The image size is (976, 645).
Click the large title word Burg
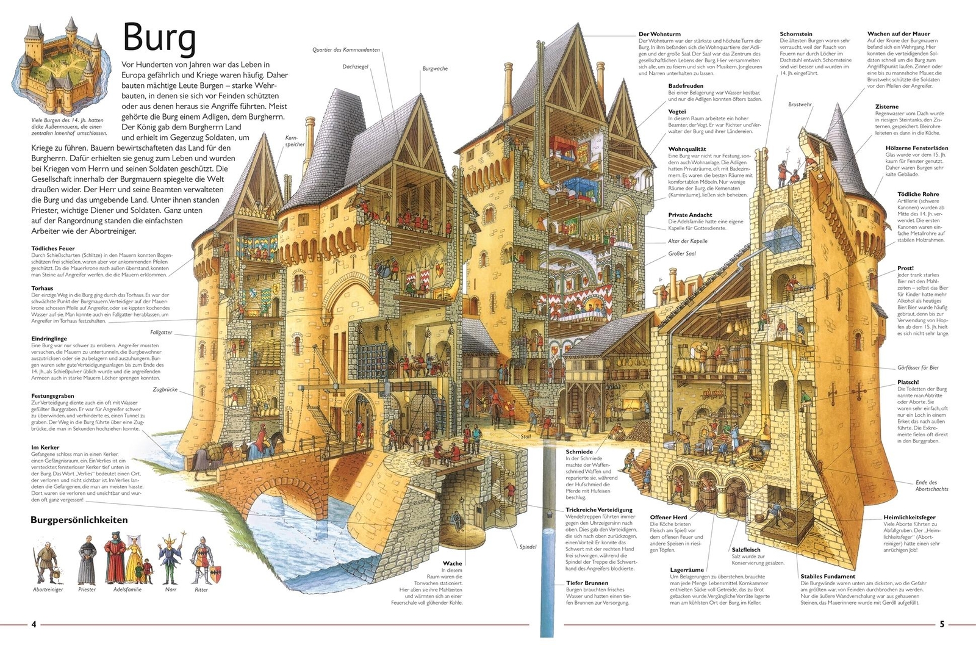[x=159, y=38]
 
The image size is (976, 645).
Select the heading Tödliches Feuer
[x=53, y=248]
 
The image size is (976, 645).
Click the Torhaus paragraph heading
[x=42, y=288]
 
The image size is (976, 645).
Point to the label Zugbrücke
[x=165, y=389]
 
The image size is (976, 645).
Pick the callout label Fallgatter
[x=161, y=333]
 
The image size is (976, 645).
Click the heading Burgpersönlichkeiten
[x=79, y=520]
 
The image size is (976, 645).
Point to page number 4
[x=34, y=624]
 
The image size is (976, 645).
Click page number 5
[x=942, y=624]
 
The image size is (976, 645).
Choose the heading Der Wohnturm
[x=659, y=34]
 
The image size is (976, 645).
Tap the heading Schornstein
[x=796, y=34]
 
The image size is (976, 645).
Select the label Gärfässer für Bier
[x=918, y=368]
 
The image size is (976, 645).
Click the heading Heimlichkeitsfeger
[x=909, y=517]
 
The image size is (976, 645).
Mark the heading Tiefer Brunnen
[x=587, y=583]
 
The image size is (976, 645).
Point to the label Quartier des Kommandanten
[x=346, y=50]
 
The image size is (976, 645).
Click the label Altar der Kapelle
[x=687, y=241]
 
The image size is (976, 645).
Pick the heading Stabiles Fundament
[x=828, y=576]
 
